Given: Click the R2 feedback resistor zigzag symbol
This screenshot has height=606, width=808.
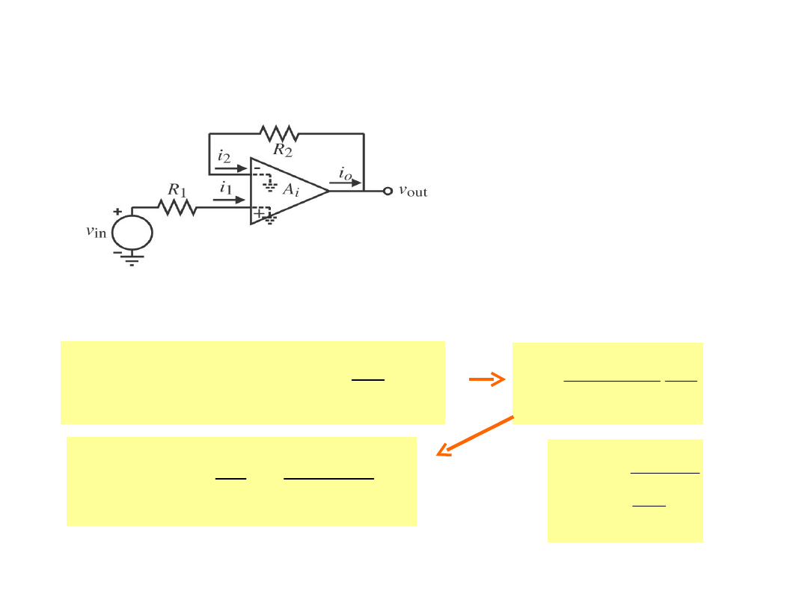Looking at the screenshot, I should click(x=279, y=134).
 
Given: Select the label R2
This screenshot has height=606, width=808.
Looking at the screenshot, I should click(x=282, y=150).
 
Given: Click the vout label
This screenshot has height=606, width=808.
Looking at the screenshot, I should click(x=413, y=191).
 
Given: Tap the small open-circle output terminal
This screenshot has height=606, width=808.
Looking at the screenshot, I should click(x=388, y=191).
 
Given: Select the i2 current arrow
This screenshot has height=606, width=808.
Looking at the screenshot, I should click(x=230, y=168).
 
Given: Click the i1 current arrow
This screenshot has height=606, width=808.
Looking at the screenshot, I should click(x=231, y=200).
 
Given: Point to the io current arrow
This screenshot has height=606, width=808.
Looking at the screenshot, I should click(x=346, y=182).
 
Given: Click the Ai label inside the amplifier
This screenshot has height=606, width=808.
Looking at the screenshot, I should click(x=290, y=190).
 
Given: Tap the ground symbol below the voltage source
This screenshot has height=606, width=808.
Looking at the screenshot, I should click(x=132, y=261).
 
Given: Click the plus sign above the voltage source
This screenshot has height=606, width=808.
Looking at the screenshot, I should click(x=117, y=212).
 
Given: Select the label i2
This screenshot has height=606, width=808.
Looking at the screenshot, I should click(x=224, y=156).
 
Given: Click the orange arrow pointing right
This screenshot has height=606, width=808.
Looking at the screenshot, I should click(x=486, y=380).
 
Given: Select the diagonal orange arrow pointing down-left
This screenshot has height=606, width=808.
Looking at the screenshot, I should click(x=475, y=435).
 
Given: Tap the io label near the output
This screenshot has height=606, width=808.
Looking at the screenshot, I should click(x=344, y=173).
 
